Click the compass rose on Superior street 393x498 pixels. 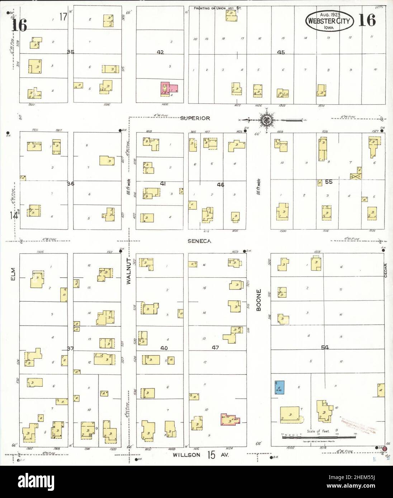coord(266,120)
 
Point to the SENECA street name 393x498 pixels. coord(199,241)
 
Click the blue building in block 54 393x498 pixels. coord(279,387)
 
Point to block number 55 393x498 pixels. coord(329,182)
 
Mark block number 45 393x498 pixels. coord(281,52)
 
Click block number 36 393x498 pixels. coord(71,183)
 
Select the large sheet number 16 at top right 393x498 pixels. coord(367,21)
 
